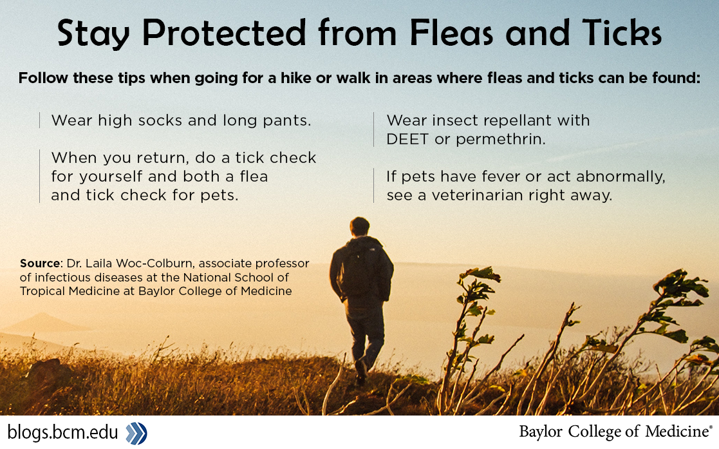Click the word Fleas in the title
click(451, 33)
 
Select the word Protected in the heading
click(224, 33)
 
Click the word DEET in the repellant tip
click(407, 139)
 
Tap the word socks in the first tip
click(160, 120)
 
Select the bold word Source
click(41, 263)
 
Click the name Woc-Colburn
click(154, 263)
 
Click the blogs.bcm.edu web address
click(63, 432)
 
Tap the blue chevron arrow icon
click(136, 433)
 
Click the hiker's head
click(359, 227)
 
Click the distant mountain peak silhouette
click(42, 321)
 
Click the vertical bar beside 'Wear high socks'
click(40, 120)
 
